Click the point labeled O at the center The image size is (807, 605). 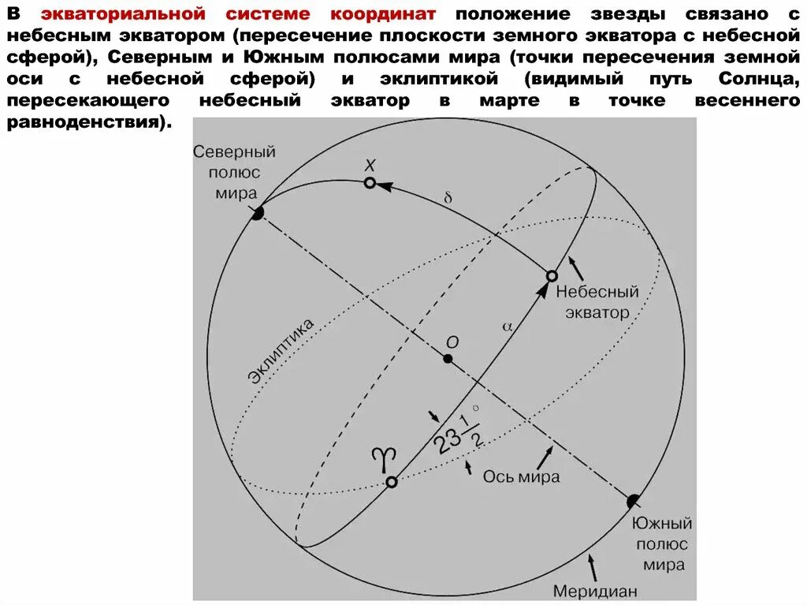pos(448,359)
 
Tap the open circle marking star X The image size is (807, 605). pos(370,183)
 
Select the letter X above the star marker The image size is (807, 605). pos(370,164)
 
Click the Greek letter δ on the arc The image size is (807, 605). pos(448,198)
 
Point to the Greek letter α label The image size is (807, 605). pos(506,324)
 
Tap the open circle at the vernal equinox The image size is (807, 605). pos(391,481)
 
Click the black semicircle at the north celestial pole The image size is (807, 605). pos(257,213)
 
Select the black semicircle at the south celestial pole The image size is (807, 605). pos(633,501)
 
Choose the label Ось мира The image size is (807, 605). pos(521,476)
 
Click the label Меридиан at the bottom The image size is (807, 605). pos(594,590)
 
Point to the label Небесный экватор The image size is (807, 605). pos(597,302)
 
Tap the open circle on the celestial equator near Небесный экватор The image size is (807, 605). pos(552,276)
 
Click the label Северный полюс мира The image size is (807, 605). pos(234,172)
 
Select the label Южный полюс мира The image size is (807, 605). pos(662,544)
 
